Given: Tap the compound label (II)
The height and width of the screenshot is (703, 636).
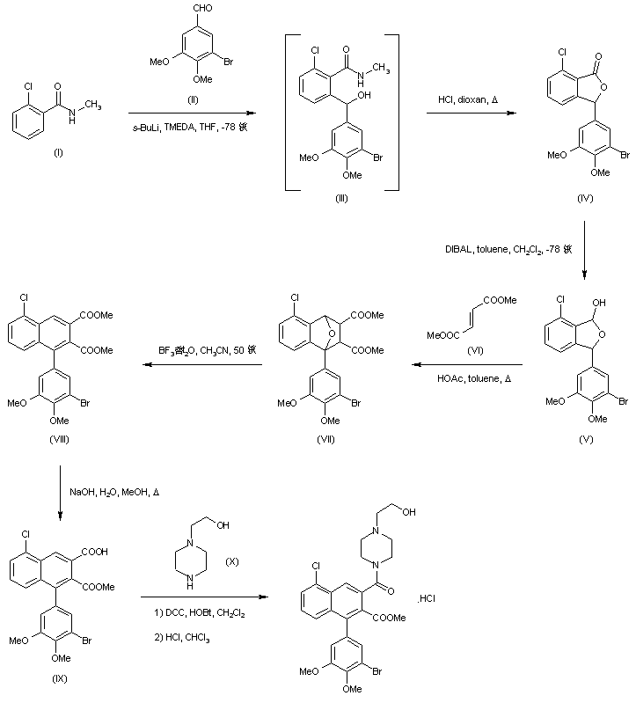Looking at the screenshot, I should pos(193,99).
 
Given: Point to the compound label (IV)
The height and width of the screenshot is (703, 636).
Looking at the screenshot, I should pos(585,200).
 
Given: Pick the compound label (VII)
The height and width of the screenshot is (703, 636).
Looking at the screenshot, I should pos(326,438).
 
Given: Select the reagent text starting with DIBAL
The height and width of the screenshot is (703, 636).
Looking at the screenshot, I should pos(509,250).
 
